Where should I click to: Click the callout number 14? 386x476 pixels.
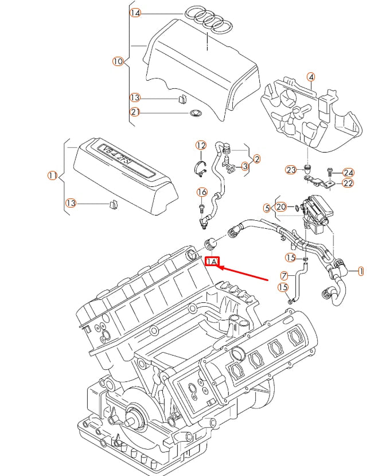(135, 13)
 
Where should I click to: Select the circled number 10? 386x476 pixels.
(118, 61)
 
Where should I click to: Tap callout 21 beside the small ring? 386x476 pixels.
(135, 112)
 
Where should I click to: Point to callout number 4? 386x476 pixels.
(310, 77)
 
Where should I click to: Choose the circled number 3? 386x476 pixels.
(245, 166)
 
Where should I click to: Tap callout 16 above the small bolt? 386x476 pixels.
(202, 192)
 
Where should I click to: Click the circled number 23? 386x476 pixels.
(291, 170)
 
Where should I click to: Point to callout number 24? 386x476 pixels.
(349, 173)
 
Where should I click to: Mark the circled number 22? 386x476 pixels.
(348, 184)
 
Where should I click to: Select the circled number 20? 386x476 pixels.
(281, 207)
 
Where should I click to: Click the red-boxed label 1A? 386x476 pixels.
(212, 262)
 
